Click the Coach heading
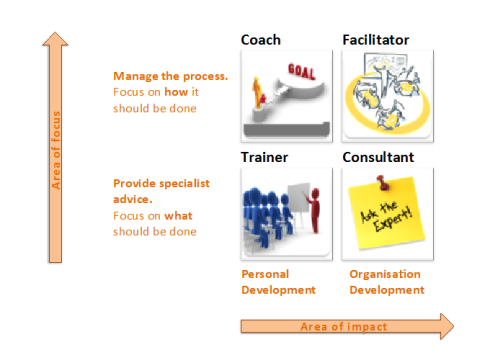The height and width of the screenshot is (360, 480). coord(260,40)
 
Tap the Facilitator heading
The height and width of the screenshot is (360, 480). coord(376,40)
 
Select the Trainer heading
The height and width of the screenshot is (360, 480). coord(264,158)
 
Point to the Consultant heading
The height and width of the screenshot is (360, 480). coord(379,158)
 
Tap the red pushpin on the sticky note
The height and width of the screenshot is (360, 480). coord(383,183)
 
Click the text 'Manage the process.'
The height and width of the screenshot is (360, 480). coord(170,76)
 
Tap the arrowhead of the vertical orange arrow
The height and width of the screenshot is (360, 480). coord(57,41)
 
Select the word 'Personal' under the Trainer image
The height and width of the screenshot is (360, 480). coord(264,274)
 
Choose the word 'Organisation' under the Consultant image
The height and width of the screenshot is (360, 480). coord(385,274)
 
